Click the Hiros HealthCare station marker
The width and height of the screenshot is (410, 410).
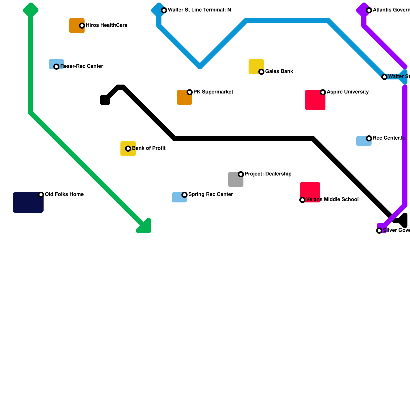[x=82, y=26]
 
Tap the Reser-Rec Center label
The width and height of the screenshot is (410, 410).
[x=81, y=66]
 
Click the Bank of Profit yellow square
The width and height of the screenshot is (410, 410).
[x=128, y=149]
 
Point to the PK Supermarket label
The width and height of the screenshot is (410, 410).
[x=213, y=92]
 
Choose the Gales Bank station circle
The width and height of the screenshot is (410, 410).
[x=261, y=72]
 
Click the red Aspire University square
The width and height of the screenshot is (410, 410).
[x=315, y=100]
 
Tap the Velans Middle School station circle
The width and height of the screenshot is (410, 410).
[x=302, y=200]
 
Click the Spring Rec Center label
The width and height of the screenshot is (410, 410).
[x=211, y=194]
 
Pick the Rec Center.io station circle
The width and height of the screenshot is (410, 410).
[x=369, y=138]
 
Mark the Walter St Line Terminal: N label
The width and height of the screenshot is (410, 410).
[x=199, y=10]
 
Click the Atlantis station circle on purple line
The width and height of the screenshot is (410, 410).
[x=369, y=10]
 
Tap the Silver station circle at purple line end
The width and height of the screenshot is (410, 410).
[x=379, y=231]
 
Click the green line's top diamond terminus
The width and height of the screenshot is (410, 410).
[x=31, y=10]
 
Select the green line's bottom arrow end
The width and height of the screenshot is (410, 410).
[x=145, y=227]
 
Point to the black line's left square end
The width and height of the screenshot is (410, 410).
[x=105, y=100]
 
